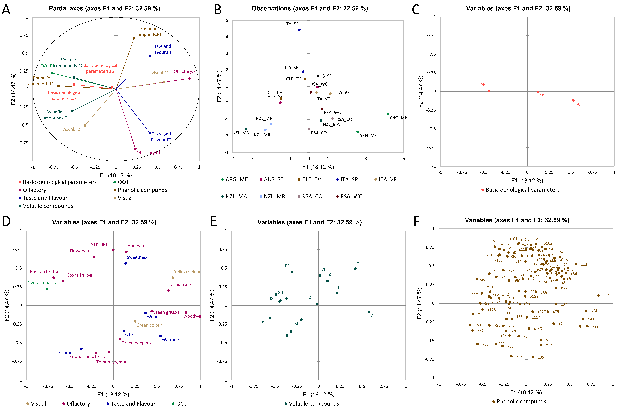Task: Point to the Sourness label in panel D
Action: (67, 352)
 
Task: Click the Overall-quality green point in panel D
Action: (47, 289)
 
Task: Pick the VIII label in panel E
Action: (360, 262)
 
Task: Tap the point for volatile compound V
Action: (369, 312)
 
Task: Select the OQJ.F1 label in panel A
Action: (47, 66)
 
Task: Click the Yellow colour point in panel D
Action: (173, 277)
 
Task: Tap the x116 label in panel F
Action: (491, 241)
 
